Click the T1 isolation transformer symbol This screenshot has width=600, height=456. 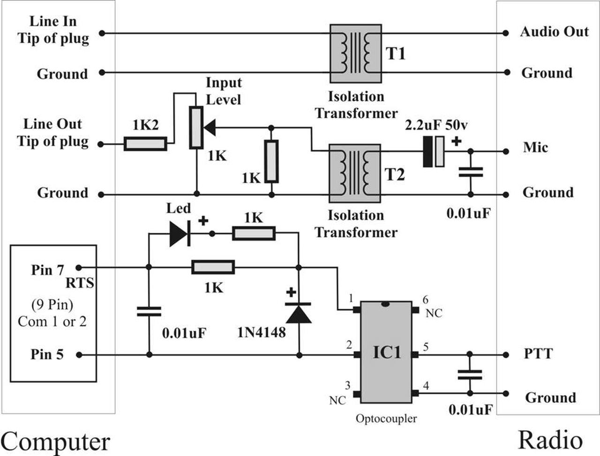355,53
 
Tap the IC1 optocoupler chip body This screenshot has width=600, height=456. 386,351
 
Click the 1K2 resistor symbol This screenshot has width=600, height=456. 145,143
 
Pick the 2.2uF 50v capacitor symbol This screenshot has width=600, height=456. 434,151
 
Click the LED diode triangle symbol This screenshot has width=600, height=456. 180,233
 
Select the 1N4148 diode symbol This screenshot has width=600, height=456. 299,313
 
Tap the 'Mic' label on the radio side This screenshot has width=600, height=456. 535,148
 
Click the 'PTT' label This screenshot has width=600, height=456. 538,353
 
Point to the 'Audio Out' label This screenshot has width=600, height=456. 554,32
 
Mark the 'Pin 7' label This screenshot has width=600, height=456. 47,270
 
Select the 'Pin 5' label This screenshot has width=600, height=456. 47,354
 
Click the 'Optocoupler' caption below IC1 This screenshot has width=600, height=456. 386,419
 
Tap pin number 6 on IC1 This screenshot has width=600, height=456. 425,299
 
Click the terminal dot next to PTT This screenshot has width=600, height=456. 506,355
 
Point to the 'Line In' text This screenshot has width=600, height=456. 52,22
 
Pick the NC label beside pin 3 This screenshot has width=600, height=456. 337,401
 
